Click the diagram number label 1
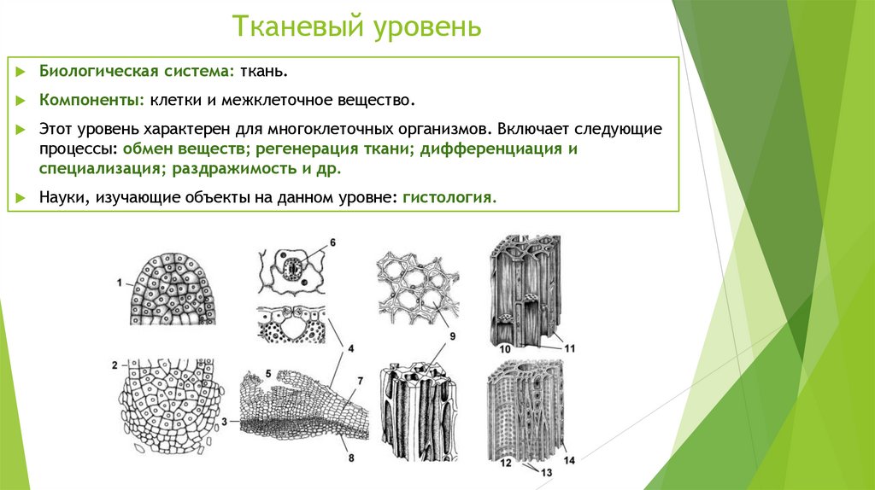pyautogui.click(x=120, y=282)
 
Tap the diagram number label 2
pyautogui.click(x=115, y=366)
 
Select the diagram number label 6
pyautogui.click(x=332, y=243)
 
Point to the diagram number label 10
pyautogui.click(x=505, y=349)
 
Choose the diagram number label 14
pyautogui.click(x=569, y=461)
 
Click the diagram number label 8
pyautogui.click(x=352, y=458)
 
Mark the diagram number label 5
pyautogui.click(x=268, y=373)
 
